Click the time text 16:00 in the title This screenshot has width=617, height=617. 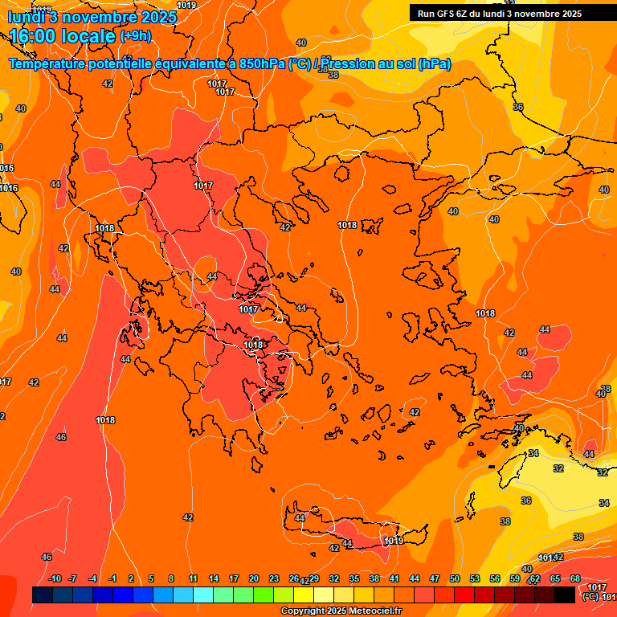(x=35, y=36)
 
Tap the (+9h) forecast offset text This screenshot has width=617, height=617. (x=134, y=36)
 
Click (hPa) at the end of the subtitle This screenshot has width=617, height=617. (x=434, y=63)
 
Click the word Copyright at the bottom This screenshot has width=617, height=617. (x=303, y=611)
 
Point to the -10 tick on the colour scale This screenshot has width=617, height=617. (x=55, y=578)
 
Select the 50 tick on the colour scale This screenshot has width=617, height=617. (x=455, y=578)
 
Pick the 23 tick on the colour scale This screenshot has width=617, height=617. (x=274, y=578)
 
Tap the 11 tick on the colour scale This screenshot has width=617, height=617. (x=194, y=578)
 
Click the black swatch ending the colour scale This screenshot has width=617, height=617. (x=565, y=595)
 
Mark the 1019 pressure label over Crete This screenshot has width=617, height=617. (x=394, y=541)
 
